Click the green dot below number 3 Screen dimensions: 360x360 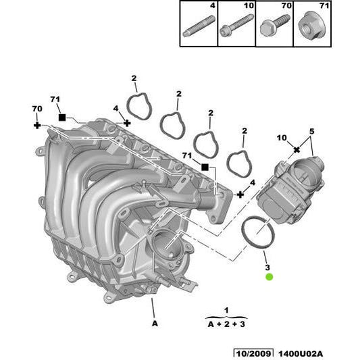pos(269,277)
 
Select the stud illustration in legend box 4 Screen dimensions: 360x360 pos(199,26)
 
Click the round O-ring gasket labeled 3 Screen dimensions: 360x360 pos(258,232)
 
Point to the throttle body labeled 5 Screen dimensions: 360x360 pos(290,189)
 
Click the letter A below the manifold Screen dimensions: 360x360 pos(155,324)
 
